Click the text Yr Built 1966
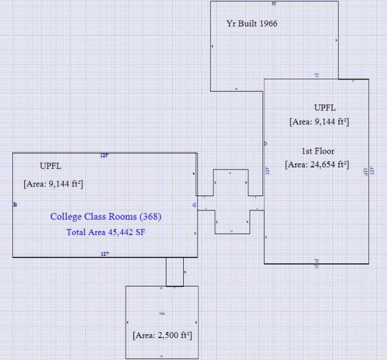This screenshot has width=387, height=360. (252, 23)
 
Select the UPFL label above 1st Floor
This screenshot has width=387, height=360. (324, 107)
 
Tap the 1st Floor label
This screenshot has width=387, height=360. (317, 151)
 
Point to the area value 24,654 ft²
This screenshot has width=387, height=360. (317, 165)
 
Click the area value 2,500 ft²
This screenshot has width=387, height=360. (163, 336)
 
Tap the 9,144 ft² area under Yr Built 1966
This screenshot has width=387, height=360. (319, 121)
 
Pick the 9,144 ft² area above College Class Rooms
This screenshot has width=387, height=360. (53, 184)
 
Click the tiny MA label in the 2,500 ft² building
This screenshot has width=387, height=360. (162, 314)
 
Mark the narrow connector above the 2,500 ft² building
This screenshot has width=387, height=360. (175, 272)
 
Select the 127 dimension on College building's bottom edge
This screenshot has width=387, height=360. (104, 254)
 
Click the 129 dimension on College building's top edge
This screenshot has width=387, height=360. (104, 155)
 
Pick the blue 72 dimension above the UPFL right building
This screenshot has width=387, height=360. (316, 75)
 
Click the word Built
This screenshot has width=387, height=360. (246, 23)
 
